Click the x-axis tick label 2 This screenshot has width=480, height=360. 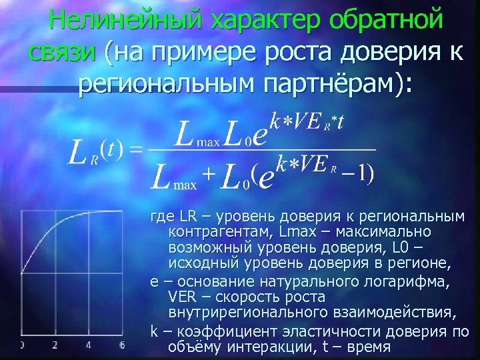55,345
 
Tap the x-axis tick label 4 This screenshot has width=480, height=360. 89,345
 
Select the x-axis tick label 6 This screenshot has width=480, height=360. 123,345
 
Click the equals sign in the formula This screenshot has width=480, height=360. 136,148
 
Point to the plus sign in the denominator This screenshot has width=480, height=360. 209,175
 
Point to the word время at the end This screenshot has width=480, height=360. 369,348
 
